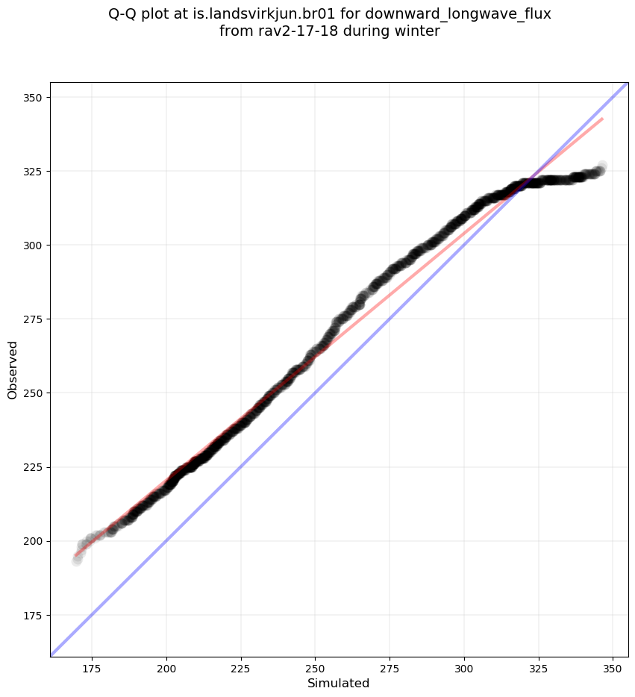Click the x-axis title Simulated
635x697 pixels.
coord(339,683)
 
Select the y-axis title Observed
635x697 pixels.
coord(13,370)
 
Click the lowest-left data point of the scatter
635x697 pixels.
coord(76,560)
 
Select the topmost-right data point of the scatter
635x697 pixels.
coord(602,166)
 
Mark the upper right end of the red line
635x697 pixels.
coord(602,119)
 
